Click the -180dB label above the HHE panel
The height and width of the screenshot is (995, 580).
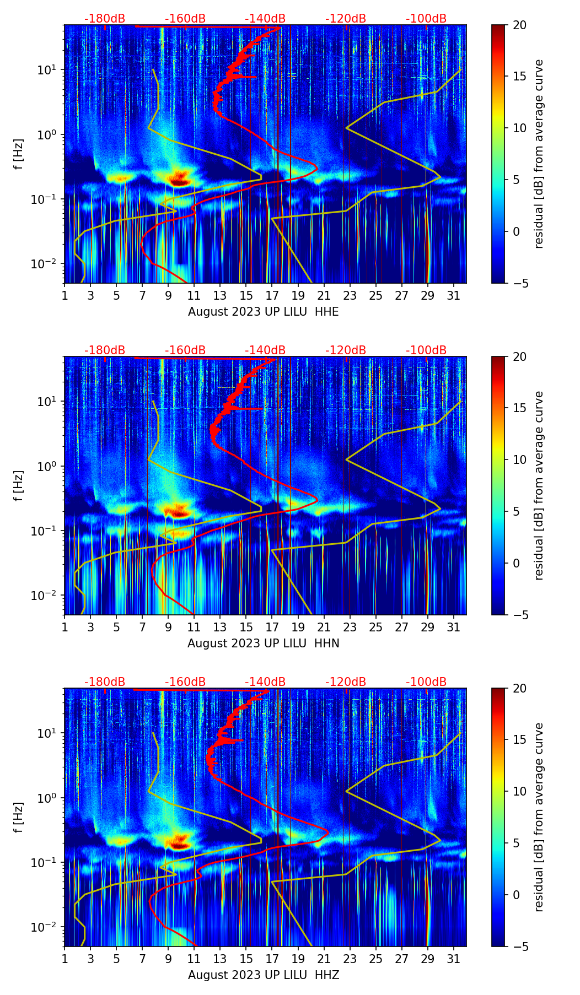[105, 19]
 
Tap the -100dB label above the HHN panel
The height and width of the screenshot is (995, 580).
[426, 350]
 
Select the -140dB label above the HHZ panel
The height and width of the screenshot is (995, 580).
[265, 682]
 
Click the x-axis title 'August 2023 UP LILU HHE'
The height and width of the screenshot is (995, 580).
[264, 312]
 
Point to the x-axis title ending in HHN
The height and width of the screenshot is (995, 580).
[264, 643]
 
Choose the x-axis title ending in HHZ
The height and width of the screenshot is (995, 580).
[264, 975]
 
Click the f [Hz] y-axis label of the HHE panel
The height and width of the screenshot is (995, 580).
[19, 154]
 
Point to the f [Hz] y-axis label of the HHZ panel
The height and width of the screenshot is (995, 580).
[19, 817]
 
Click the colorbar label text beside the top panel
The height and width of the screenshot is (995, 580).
[539, 154]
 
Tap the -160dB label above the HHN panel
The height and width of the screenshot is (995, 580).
[185, 350]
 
